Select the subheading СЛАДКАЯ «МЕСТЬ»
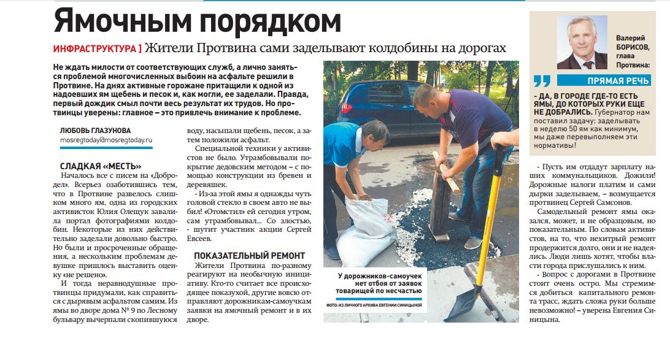click(x=101, y=166)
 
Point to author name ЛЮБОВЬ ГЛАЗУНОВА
click(x=95, y=131)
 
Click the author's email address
click(x=106, y=140)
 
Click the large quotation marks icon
click(x=542, y=81)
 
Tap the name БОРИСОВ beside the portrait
click(x=633, y=47)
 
